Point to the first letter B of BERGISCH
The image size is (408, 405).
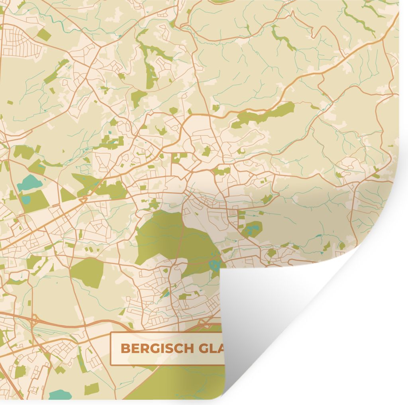(x=125, y=348)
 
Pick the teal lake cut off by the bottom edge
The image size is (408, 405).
(x=60, y=395)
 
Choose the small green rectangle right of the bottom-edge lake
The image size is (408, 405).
(x=91, y=389)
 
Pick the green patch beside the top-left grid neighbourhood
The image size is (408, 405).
(x=44, y=35)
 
